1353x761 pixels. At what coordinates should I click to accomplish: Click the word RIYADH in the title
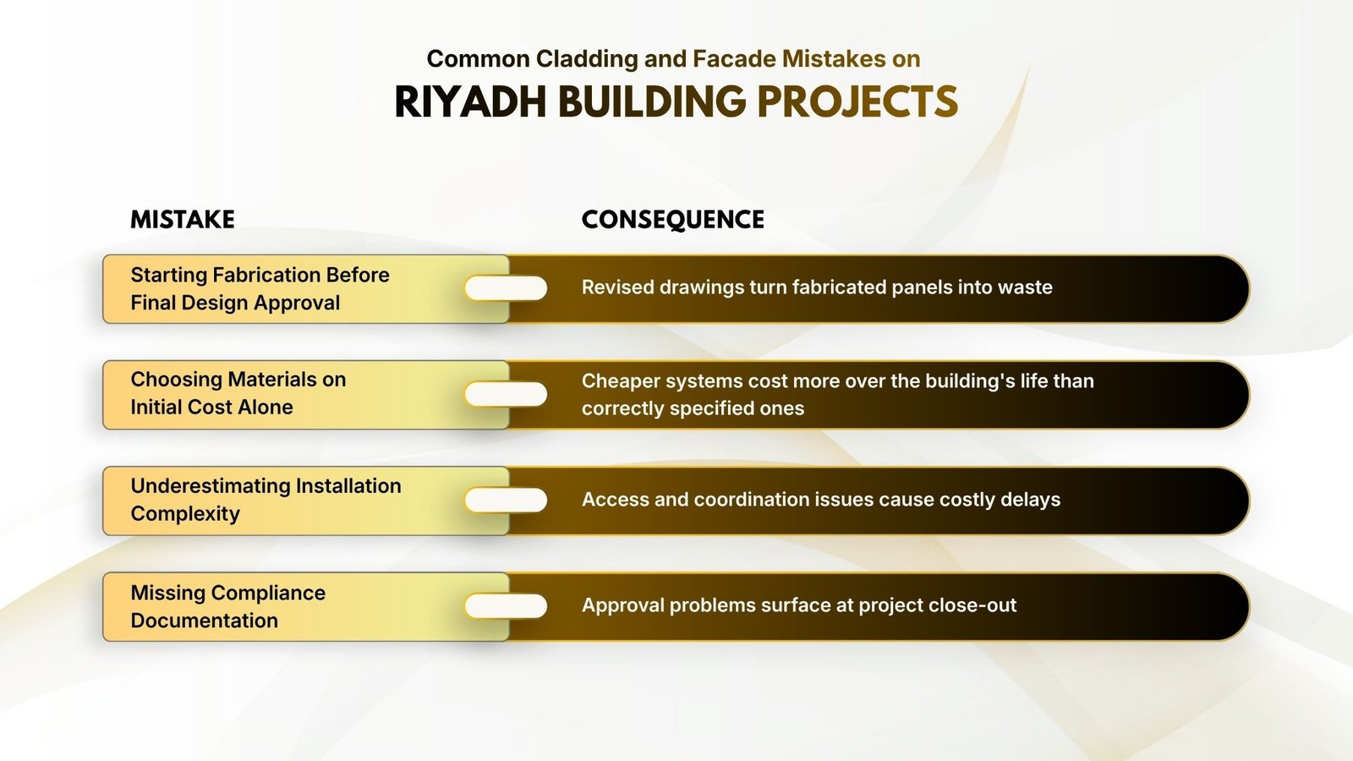(x=471, y=101)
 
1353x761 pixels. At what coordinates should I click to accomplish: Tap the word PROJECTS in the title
(x=857, y=101)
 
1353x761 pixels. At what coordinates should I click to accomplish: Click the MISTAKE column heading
(x=183, y=219)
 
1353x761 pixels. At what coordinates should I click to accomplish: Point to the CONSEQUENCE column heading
(x=673, y=220)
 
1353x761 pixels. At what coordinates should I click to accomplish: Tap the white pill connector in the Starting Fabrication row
(x=507, y=288)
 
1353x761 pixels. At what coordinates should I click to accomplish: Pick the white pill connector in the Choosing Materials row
(x=507, y=394)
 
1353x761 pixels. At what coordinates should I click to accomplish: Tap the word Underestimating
(x=211, y=485)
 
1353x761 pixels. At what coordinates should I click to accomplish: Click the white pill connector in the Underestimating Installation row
(x=507, y=500)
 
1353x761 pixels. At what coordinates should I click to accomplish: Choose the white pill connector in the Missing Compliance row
(x=507, y=605)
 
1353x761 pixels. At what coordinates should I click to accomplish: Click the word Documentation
(x=204, y=621)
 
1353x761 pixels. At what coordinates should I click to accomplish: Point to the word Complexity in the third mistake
(x=185, y=514)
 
